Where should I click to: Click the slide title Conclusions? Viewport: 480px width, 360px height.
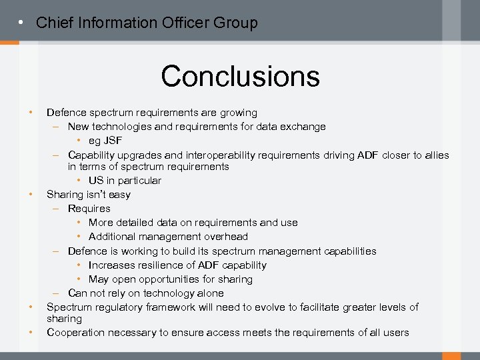coord(240,76)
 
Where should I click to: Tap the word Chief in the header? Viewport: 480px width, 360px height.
coord(54,23)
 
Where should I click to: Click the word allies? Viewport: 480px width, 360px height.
coord(435,155)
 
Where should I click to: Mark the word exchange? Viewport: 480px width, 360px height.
coord(305,127)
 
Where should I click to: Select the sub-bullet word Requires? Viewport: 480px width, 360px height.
coord(89,209)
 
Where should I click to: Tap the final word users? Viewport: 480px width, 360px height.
coord(395,333)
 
